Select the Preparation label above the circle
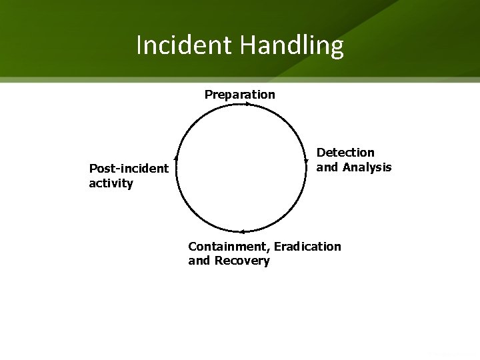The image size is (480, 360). tap(239, 95)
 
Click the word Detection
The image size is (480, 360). tap(345, 153)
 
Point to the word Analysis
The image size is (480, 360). tap(367, 167)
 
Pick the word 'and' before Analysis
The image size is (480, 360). tap(327, 167)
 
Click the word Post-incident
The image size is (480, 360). tap(129, 168)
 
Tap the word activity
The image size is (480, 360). tap(111, 183)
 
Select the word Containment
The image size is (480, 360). tap(228, 247)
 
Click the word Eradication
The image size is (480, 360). tap(307, 247)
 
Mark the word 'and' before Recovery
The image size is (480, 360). tap(199, 261)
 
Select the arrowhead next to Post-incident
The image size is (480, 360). tap(176, 157)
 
